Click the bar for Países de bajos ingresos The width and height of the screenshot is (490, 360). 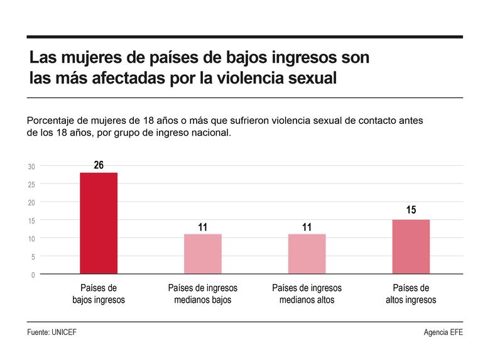point(99,223)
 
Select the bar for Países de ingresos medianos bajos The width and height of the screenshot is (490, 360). point(203,254)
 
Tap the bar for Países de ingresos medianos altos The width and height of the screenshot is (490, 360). point(307,254)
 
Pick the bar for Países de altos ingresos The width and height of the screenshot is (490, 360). point(411,246)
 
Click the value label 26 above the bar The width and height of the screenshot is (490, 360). point(99,165)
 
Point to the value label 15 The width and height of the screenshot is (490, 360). point(411,210)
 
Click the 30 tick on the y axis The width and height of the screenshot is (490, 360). point(31,166)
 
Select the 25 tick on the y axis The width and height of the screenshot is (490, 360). point(31,185)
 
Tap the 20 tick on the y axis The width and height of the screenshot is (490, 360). point(31,202)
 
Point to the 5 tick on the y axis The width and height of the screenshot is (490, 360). point(33,256)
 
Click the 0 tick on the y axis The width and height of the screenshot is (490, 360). point(33,275)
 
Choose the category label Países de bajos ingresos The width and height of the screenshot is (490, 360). point(99,294)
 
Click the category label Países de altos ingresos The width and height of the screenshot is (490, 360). point(411,294)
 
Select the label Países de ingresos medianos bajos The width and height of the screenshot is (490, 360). point(203,294)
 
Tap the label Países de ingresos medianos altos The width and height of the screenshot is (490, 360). point(307,294)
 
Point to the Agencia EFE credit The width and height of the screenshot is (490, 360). point(443,332)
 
